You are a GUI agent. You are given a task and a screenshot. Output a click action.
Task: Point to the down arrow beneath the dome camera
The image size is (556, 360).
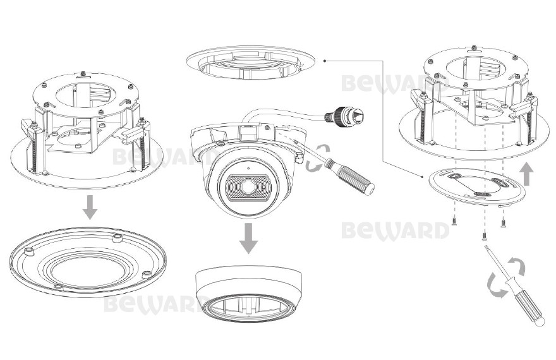tap(248, 238)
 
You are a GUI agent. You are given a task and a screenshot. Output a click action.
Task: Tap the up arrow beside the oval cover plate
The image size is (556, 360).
tap(526, 174)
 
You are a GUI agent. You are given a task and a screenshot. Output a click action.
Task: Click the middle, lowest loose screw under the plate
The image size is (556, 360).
tap(485, 236)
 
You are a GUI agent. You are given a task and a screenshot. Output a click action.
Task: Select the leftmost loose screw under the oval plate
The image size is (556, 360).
tap(454, 222)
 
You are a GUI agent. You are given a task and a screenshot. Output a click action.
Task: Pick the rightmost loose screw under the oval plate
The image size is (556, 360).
tap(503, 222)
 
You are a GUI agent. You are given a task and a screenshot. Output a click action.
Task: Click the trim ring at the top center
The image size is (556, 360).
tap(251, 63)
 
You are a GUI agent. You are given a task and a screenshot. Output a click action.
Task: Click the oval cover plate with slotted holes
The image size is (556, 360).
tap(477, 187)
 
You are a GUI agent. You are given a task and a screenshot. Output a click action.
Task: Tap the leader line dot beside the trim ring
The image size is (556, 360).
tap(325, 61)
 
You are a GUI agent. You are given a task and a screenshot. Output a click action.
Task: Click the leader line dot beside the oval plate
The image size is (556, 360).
tap(422, 176)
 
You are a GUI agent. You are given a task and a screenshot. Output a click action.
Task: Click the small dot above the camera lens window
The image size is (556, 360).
tap(248, 168)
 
